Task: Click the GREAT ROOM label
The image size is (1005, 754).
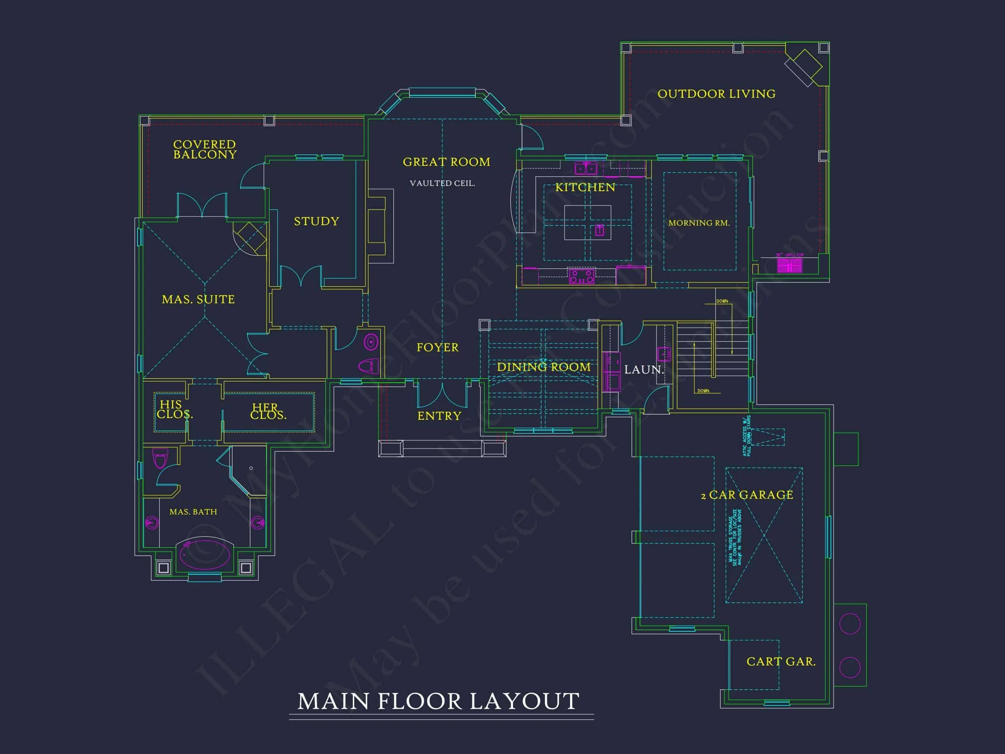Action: click(x=446, y=162)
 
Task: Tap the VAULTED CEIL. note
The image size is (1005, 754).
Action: click(x=442, y=183)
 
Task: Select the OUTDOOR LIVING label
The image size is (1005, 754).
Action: click(x=716, y=94)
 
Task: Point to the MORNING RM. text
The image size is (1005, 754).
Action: click(x=699, y=223)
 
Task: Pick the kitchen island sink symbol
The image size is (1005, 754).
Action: click(x=600, y=230)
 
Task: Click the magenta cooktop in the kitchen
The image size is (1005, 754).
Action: click(x=581, y=276)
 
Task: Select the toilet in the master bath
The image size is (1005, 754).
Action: click(x=160, y=458)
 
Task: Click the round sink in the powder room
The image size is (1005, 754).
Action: click(x=371, y=342)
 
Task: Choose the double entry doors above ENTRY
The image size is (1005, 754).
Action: click(x=442, y=395)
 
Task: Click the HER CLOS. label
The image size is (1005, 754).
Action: click(x=268, y=411)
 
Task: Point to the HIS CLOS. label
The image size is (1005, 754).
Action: click(x=174, y=409)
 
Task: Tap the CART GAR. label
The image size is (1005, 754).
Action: click(x=780, y=662)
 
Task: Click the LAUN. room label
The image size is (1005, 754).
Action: click(x=643, y=370)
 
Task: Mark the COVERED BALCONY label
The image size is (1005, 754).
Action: click(x=205, y=150)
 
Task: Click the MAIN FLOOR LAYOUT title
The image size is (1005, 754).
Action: click(x=438, y=701)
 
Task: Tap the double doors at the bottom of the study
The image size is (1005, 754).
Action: click(x=301, y=276)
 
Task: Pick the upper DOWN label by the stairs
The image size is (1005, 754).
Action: click(x=722, y=302)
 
